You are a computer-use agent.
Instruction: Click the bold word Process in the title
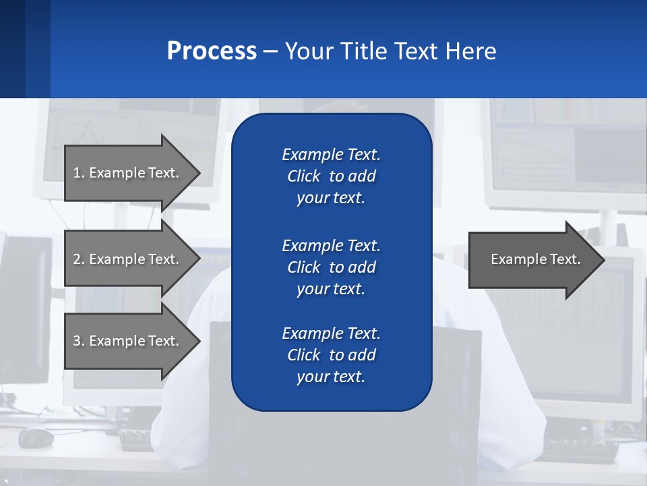pos(212,51)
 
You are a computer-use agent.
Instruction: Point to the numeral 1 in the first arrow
pos(77,173)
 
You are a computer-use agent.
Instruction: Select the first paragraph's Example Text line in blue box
pos(331,155)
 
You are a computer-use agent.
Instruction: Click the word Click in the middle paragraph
pos(304,267)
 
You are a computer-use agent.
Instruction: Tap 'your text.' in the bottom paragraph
pos(331,377)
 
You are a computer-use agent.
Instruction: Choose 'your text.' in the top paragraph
pos(331,198)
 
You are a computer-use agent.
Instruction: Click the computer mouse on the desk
pos(36,437)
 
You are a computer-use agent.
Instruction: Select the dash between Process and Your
pos(270,51)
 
